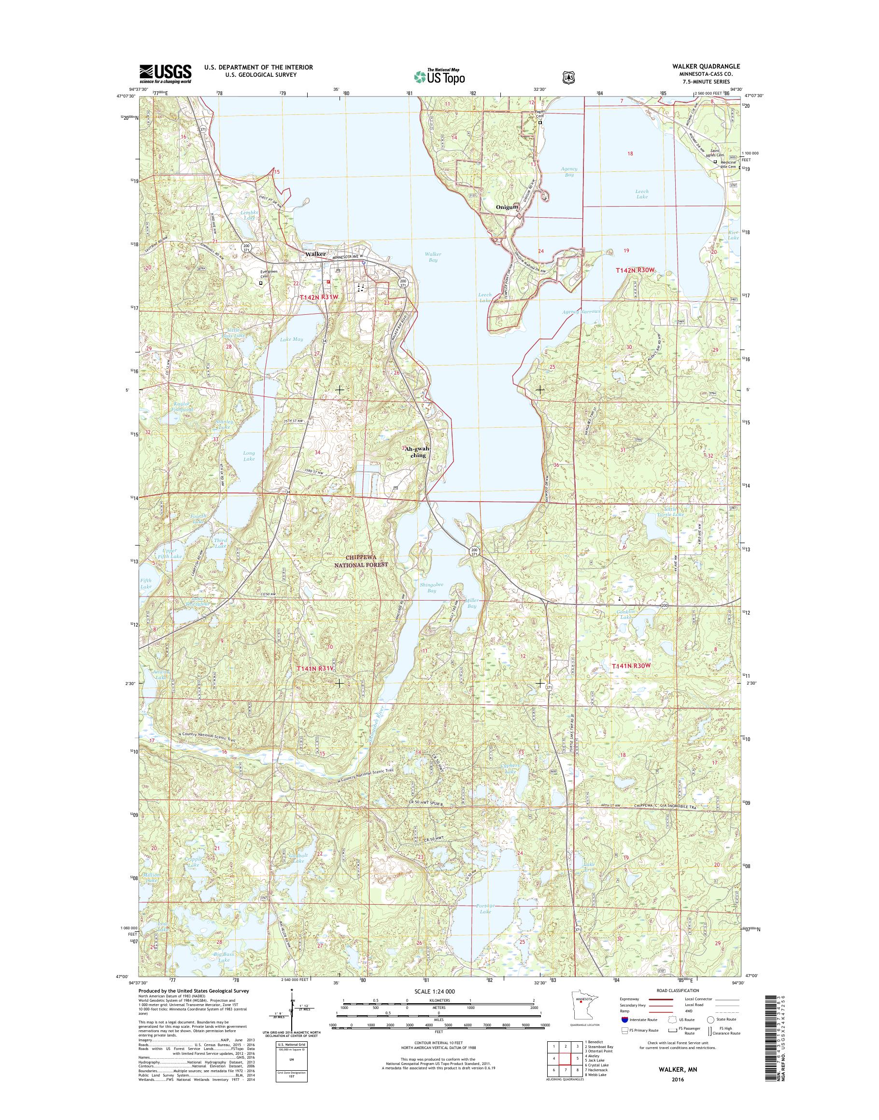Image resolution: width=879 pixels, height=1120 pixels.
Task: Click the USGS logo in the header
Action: click(x=165, y=73)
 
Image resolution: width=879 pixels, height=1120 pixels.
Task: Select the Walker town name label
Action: click(x=315, y=254)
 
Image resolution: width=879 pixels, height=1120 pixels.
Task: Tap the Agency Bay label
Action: click(x=570, y=172)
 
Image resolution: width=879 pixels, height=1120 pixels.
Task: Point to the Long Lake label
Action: click(x=249, y=456)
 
